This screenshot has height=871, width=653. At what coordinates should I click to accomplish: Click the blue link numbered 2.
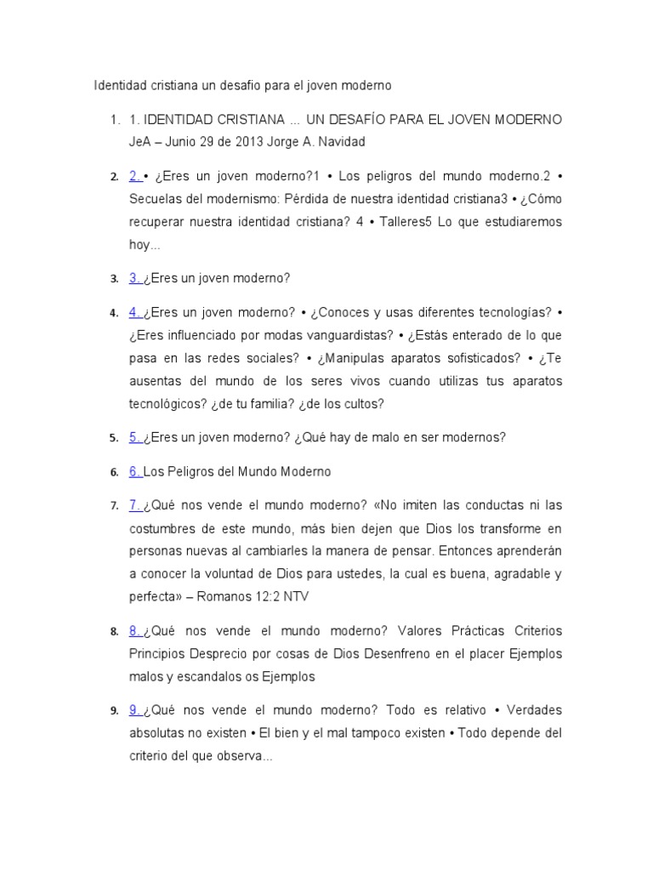(135, 176)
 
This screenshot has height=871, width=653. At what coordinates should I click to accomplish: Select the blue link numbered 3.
(135, 277)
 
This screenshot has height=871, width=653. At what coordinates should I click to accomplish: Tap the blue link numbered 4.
(135, 312)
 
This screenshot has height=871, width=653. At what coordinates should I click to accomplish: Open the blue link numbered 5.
(135, 437)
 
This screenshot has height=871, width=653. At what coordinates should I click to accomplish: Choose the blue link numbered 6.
(135, 471)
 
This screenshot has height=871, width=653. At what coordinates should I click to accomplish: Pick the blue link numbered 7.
(135, 505)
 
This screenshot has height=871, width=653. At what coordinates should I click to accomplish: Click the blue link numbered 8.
(135, 630)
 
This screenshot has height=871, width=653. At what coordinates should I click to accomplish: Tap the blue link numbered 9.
(135, 710)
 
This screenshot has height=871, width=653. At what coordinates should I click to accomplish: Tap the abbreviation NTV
(295, 596)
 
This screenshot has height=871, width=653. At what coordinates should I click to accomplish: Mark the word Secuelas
(154, 199)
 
